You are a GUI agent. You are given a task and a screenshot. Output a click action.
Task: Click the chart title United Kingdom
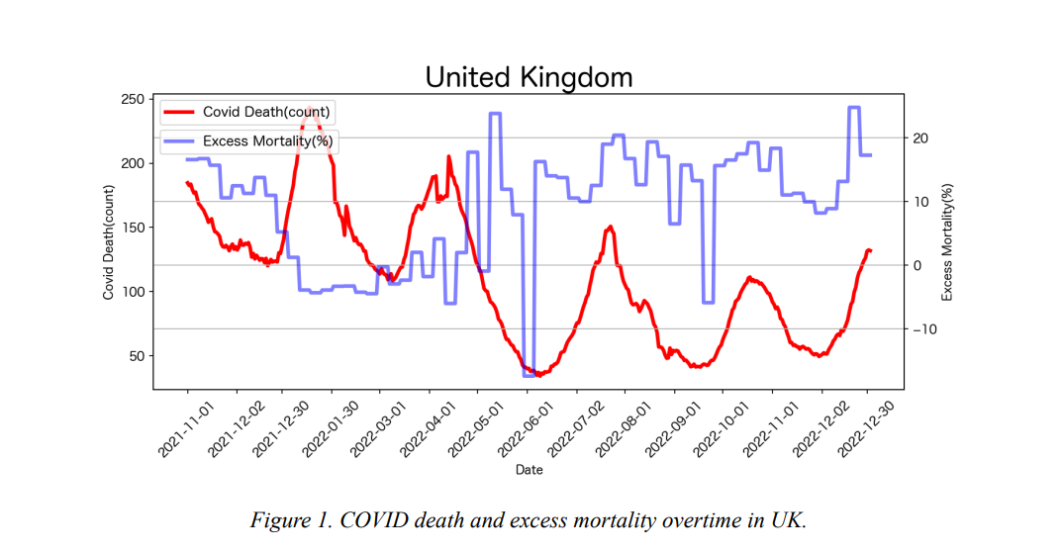tap(530, 77)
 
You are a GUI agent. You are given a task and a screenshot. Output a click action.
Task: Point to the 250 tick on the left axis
tap(132, 99)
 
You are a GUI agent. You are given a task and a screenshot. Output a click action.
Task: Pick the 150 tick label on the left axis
tap(132, 228)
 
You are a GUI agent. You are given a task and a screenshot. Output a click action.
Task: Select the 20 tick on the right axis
tap(920, 138)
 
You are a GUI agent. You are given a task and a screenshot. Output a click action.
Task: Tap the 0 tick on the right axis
tap(916, 265)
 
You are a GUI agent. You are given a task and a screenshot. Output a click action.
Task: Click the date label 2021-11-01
tap(186, 429)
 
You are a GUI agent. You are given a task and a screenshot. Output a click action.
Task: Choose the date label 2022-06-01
tap(526, 429)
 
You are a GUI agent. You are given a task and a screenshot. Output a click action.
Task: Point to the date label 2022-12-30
tap(866, 429)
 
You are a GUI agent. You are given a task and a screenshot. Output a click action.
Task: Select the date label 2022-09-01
tap(673, 429)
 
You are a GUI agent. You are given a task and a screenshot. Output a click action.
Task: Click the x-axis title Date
tap(530, 470)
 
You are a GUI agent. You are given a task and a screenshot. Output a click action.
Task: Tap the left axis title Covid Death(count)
tap(108, 242)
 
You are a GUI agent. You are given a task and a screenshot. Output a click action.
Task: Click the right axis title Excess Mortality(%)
tap(946, 242)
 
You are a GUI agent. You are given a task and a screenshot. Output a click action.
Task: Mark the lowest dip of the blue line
tap(529, 375)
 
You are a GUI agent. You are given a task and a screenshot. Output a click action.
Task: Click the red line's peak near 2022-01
tap(309, 108)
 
